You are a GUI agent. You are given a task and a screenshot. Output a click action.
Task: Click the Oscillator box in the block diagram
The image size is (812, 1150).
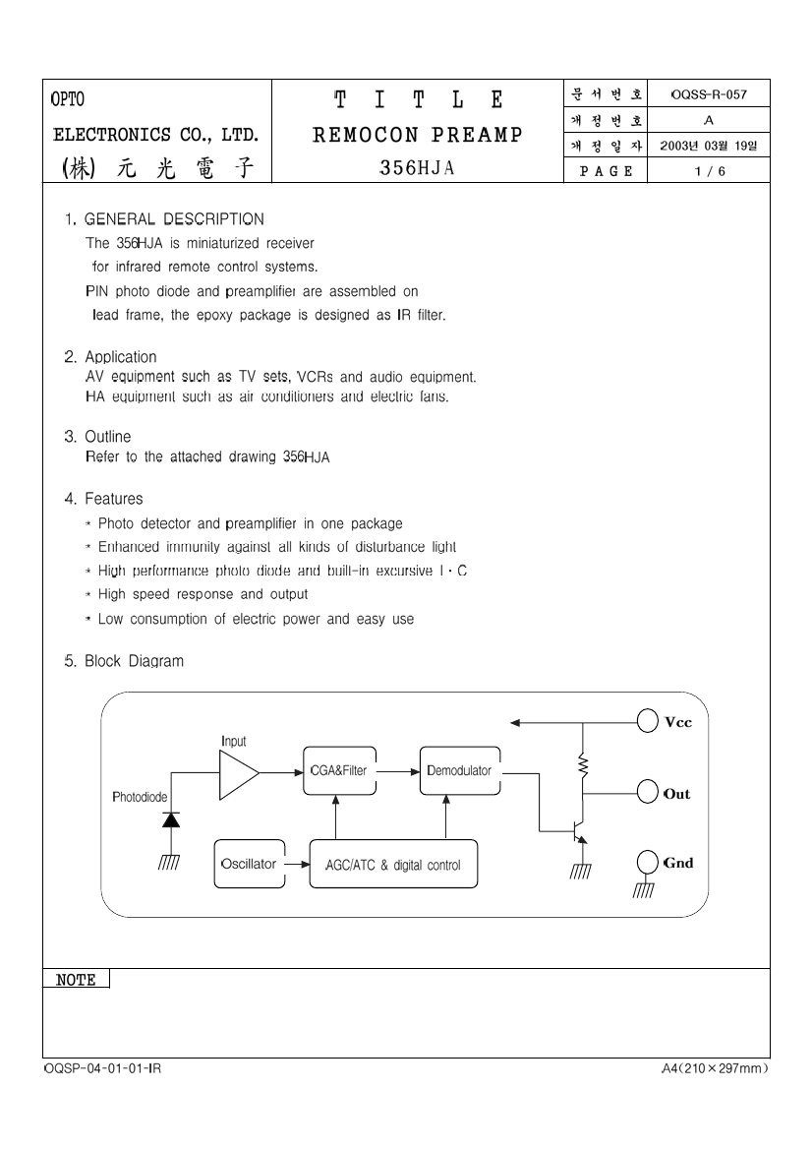(x=250, y=864)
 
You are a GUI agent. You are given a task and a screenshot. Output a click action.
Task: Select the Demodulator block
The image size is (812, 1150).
(x=460, y=771)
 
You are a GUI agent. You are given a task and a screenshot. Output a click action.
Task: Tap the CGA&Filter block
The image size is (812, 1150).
(x=339, y=771)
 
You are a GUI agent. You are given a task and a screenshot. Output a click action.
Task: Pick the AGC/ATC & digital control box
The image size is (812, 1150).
(x=393, y=864)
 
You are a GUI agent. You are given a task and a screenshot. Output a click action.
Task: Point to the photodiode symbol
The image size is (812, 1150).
(x=171, y=819)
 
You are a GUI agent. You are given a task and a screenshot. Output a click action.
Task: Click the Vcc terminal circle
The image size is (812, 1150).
(x=647, y=721)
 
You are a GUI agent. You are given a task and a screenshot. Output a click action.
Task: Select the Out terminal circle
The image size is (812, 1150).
(x=647, y=792)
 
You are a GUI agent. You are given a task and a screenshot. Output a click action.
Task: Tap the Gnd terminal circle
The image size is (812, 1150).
(x=647, y=862)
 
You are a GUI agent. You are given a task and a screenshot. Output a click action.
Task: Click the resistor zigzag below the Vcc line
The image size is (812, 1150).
(x=583, y=766)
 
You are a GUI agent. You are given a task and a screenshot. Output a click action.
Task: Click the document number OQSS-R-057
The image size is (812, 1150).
(x=709, y=94)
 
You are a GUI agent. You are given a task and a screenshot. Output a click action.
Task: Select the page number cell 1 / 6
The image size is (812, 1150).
(x=710, y=171)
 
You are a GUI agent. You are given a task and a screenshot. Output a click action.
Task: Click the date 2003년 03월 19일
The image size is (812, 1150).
(x=709, y=146)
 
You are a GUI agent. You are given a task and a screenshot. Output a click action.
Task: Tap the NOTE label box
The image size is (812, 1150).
(x=77, y=979)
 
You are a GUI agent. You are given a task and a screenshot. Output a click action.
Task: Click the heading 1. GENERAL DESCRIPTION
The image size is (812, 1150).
(x=164, y=219)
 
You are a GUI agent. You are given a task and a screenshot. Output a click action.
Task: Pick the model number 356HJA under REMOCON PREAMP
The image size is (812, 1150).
(x=417, y=168)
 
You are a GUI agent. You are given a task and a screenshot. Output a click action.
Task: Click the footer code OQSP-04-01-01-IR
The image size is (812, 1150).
(x=102, y=1068)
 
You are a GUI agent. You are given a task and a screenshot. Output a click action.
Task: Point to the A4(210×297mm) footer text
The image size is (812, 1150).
(x=715, y=1068)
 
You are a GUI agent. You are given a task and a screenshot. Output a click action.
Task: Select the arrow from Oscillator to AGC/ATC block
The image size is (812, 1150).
(x=298, y=864)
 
